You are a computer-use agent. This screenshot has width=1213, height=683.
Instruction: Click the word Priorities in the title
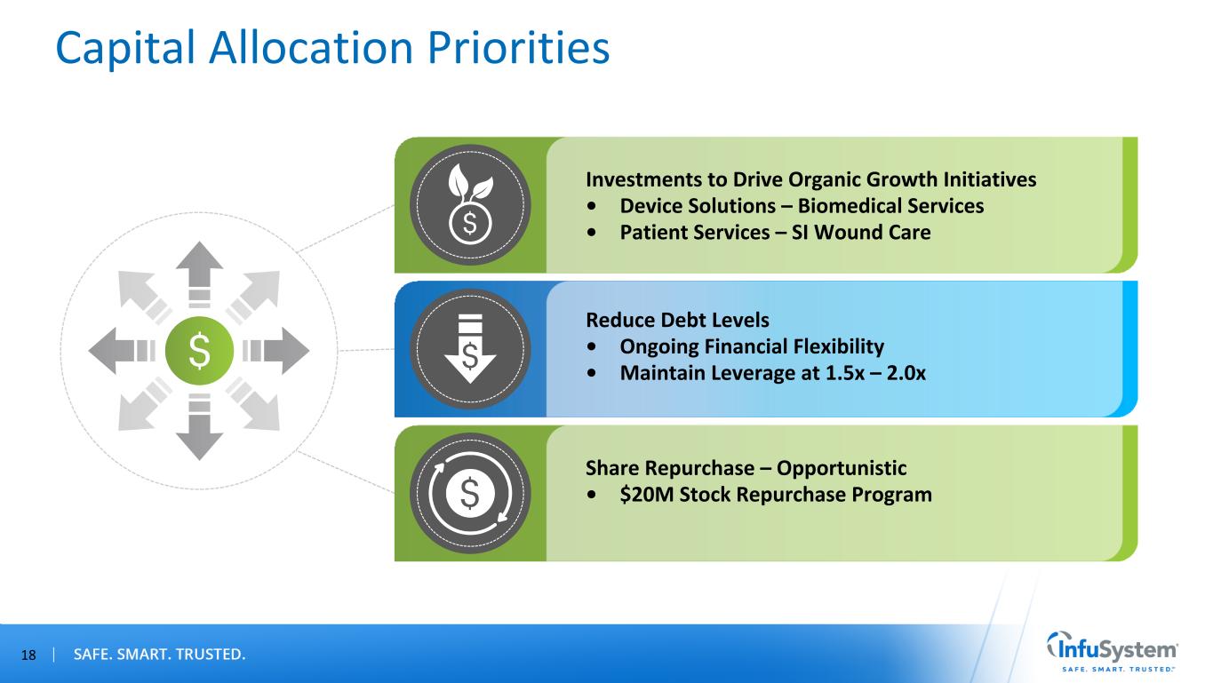pyautogui.click(x=518, y=48)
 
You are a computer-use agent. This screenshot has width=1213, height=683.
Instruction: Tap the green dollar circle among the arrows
pyautogui.click(x=199, y=351)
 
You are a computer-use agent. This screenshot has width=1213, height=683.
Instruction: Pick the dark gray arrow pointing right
pyautogui.click(x=276, y=351)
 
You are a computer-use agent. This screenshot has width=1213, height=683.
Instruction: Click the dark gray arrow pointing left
pyautogui.click(x=122, y=351)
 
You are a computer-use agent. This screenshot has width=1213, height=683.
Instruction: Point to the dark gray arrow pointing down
pyautogui.click(x=199, y=427)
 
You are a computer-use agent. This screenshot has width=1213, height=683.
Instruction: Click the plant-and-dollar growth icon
pyautogui.click(x=470, y=204)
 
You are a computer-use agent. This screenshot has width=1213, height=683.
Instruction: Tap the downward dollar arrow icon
pyautogui.click(x=470, y=348)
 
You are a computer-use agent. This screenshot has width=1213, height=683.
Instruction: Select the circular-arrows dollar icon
pyautogui.click(x=470, y=493)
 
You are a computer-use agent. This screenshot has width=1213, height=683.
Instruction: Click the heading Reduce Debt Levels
pyautogui.click(x=677, y=320)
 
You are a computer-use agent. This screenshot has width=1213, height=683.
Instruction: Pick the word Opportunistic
pyautogui.click(x=842, y=468)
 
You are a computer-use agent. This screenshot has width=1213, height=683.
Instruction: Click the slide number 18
pyautogui.click(x=28, y=655)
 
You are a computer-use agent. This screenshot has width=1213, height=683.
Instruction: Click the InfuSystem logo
pyautogui.click(x=1113, y=652)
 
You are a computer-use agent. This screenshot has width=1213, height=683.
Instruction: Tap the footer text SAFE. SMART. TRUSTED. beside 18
pyautogui.click(x=159, y=655)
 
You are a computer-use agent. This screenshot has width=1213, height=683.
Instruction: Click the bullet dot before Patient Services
pyautogui.click(x=591, y=233)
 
